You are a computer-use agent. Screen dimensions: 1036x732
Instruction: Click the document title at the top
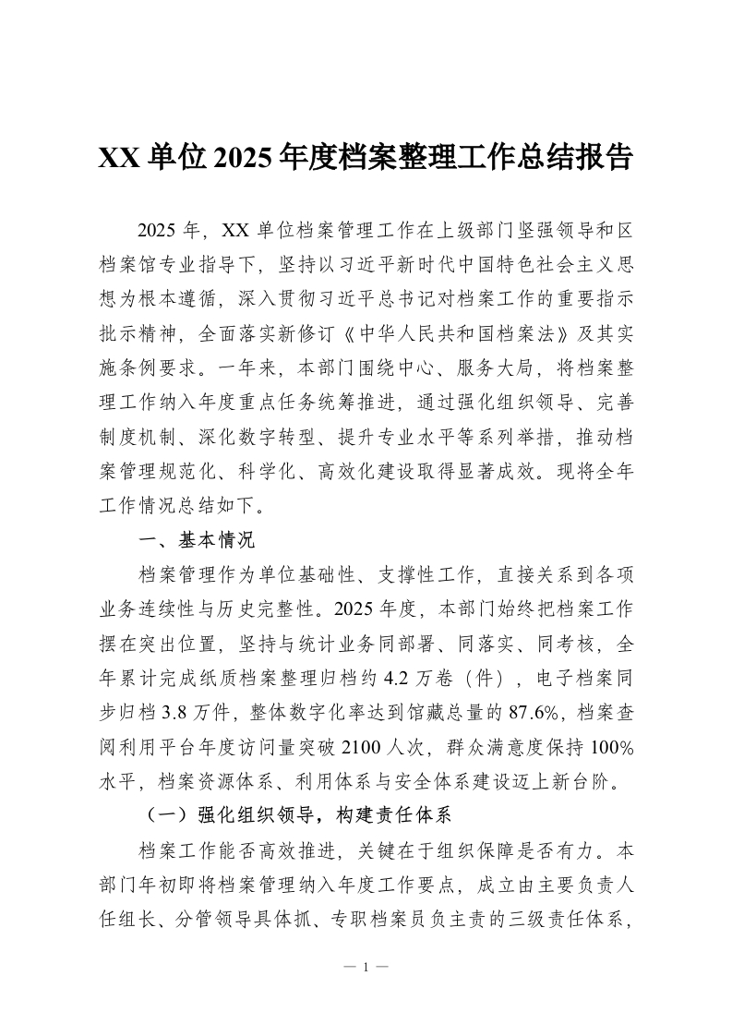point(366,158)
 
